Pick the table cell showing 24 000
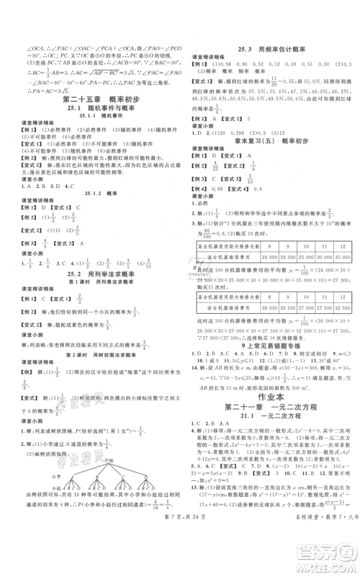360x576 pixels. tap(271, 257)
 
